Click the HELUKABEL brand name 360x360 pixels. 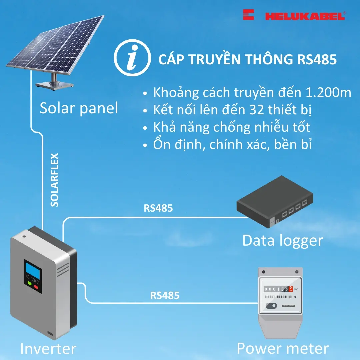click(x=305, y=16)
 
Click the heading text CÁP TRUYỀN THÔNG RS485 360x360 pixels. click(x=247, y=60)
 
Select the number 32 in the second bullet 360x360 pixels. click(x=256, y=110)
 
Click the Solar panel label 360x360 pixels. click(x=79, y=108)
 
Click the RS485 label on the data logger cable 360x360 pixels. click(x=158, y=208)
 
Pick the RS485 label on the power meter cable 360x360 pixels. click(x=165, y=295)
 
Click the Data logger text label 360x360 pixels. click(x=283, y=240)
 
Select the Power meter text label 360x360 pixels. click(x=283, y=348)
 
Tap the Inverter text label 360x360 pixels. click(x=48, y=349)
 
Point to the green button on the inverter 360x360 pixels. click(x=29, y=284)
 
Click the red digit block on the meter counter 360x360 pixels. click(x=291, y=289)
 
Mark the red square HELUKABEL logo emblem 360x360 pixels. click(x=248, y=15)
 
